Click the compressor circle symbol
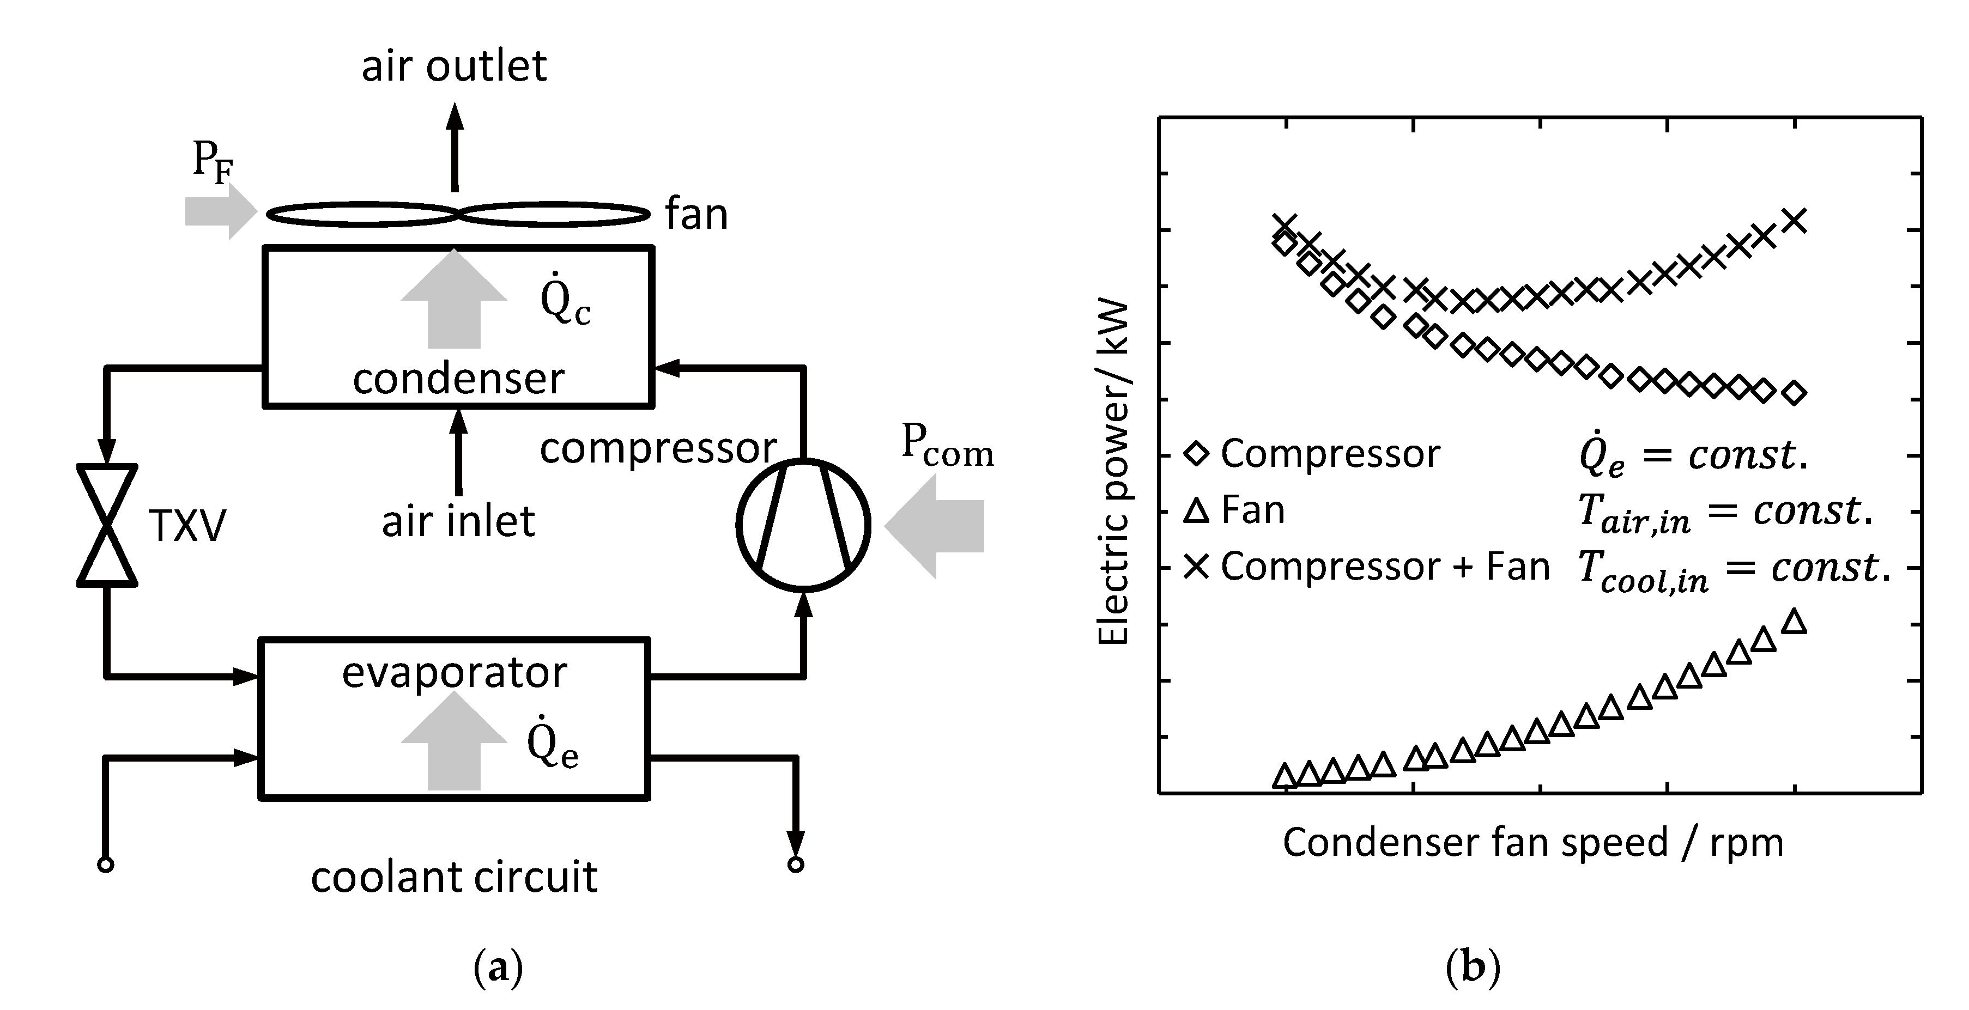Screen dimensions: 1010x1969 [803, 525]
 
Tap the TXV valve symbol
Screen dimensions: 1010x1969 [107, 525]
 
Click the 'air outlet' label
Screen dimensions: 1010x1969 [454, 66]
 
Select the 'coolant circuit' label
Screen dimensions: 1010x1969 [454, 877]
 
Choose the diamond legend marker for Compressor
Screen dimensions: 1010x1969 [1196, 454]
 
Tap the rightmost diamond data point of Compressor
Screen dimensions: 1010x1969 [1794, 393]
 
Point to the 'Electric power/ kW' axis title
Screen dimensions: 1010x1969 [1113, 474]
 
